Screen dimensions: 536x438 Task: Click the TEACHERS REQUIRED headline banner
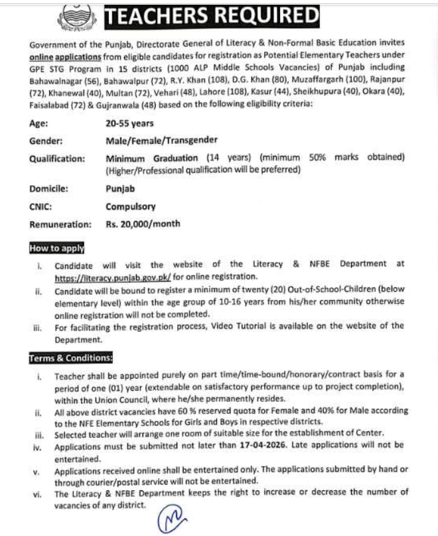point(212,15)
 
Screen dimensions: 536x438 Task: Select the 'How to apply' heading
point(56,249)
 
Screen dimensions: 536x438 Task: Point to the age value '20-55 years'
point(129,123)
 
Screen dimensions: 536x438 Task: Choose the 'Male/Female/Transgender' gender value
point(161,140)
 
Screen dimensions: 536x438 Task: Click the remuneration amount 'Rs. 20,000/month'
point(143,224)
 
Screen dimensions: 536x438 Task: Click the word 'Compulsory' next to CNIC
point(131,206)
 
